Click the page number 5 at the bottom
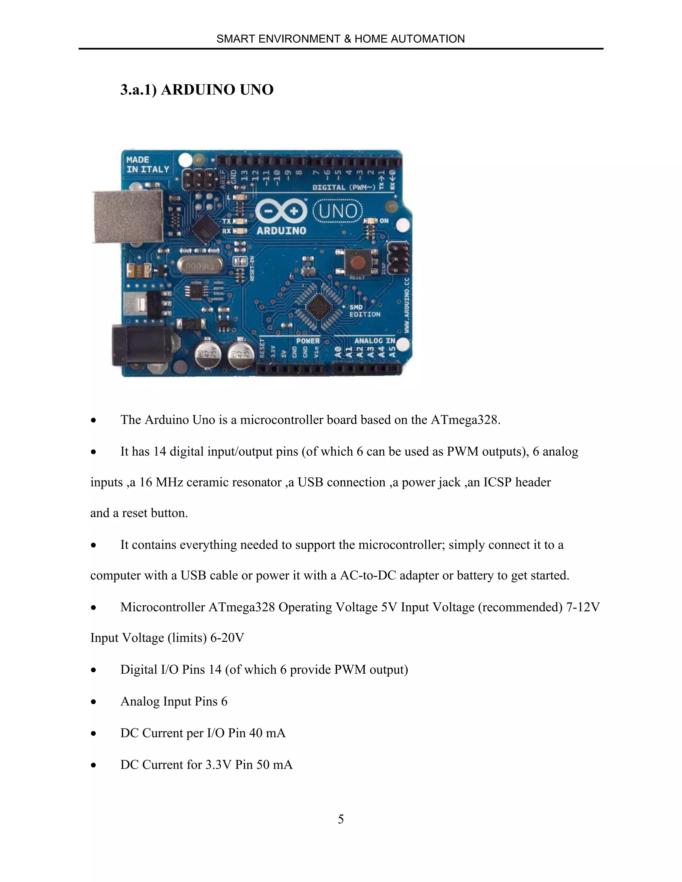pyautogui.click(x=341, y=819)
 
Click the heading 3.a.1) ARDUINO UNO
pyautogui.click(x=197, y=90)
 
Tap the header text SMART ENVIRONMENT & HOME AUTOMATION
pyautogui.click(x=341, y=39)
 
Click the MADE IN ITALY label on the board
pyautogui.click(x=148, y=164)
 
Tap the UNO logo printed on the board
pyautogui.click(x=338, y=211)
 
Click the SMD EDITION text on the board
pyautogui.click(x=364, y=311)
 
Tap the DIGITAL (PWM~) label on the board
pyautogui.click(x=344, y=187)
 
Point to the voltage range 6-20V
pyautogui.click(x=227, y=638)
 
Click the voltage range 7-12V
pyautogui.click(x=583, y=607)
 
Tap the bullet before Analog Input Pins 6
pyautogui.click(x=94, y=702)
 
